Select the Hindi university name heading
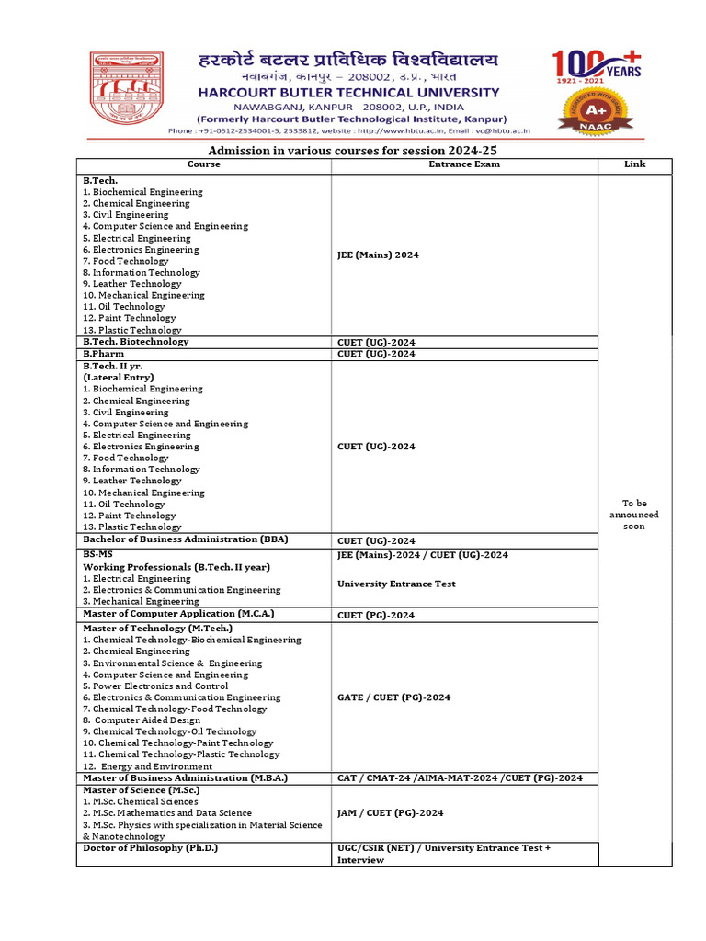pyautogui.click(x=348, y=62)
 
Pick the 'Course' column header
pyautogui.click(x=203, y=164)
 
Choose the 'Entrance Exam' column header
pyautogui.click(x=464, y=164)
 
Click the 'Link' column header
pyautogui.click(x=634, y=164)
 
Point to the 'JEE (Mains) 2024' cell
pyautogui.click(x=378, y=255)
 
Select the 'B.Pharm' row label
pyautogui.click(x=103, y=354)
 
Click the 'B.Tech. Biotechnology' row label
pyautogui.click(x=135, y=342)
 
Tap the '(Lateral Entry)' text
pyautogui.click(x=118, y=378)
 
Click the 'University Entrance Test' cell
pyautogui.click(x=396, y=584)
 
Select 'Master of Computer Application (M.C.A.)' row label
pyautogui.click(x=178, y=613)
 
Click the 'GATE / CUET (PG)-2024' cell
pyautogui.click(x=393, y=697)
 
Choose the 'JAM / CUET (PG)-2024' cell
pyautogui.click(x=390, y=812)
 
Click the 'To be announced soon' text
pyautogui.click(x=634, y=515)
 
